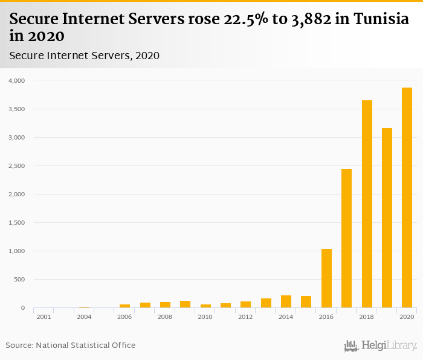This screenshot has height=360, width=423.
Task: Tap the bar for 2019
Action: [x=387, y=218]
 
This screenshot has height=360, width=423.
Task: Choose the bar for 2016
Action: [x=326, y=278]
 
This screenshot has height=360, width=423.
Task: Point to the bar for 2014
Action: [x=286, y=301]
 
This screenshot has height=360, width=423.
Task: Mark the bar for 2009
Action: [x=185, y=304]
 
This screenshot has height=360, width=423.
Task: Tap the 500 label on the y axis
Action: [x=19, y=280]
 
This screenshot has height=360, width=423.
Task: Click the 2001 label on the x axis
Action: [x=44, y=317]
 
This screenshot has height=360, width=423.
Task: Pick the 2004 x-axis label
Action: [x=84, y=317]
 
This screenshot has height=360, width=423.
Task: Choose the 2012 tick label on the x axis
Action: [x=245, y=317]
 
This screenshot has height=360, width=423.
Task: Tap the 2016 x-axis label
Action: [x=326, y=317]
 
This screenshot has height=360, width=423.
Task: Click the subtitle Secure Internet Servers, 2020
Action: [x=84, y=56]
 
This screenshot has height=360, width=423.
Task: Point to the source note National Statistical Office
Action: [x=85, y=346]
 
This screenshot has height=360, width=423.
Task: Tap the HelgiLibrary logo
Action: [x=381, y=346]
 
